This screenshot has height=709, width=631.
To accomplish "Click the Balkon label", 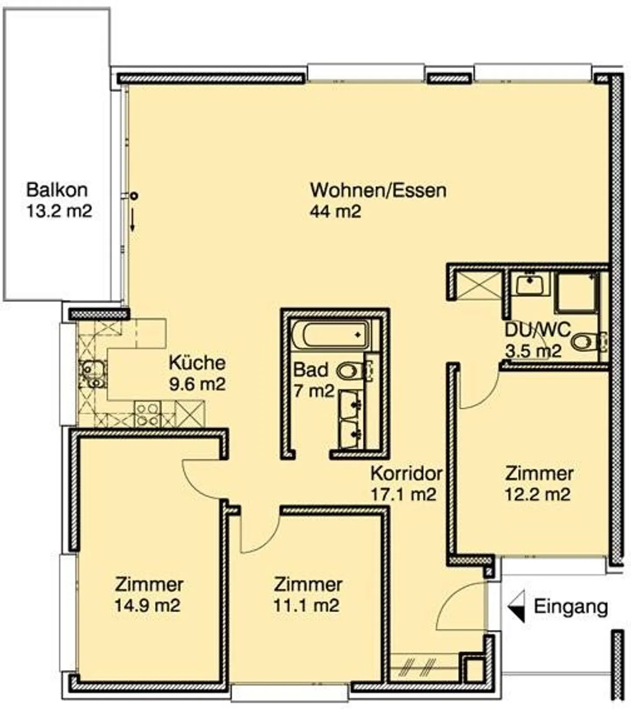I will tap(57, 190).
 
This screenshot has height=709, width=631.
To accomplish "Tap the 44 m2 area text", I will tap(335, 212).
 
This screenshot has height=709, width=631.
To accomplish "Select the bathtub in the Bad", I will tap(331, 335).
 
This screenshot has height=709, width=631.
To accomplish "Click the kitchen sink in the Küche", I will tap(92, 374).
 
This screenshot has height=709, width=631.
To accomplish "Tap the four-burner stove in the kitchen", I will tap(148, 414).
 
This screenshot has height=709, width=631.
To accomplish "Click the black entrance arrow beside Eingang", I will tap(517, 606).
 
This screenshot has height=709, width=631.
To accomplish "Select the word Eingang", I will tap(571, 607).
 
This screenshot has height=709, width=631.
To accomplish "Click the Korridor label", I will tap(406, 474).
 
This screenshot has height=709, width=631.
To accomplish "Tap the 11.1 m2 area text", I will tap(306, 606).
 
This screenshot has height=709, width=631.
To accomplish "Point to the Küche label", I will tap(197, 363).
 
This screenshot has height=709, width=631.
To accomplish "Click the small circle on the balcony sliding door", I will tap(134, 196).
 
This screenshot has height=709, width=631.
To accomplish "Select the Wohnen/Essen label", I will tap(378, 190).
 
